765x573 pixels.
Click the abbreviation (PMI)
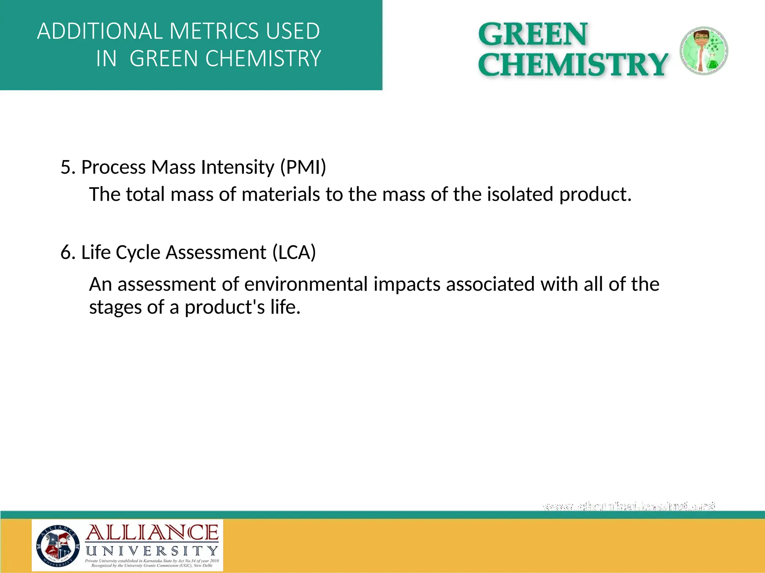303,167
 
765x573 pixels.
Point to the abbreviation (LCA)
294,253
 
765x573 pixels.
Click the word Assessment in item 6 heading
216,253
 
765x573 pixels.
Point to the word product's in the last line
224,307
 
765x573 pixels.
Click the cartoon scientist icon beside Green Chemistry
703,51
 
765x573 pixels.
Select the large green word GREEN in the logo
533,35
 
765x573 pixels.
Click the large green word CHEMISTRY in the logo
573,65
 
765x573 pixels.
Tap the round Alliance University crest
58,545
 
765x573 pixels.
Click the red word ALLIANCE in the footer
152,533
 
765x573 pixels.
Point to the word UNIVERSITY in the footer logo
152,551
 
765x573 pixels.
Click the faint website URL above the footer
629,507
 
